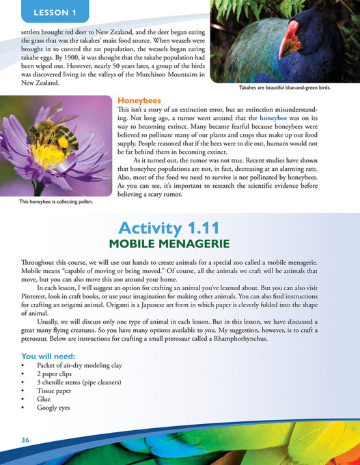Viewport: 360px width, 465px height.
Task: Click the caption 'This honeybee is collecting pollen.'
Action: coord(51,202)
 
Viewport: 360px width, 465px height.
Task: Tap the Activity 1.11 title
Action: coord(179,231)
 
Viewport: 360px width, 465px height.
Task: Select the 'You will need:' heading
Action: coord(49,356)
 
